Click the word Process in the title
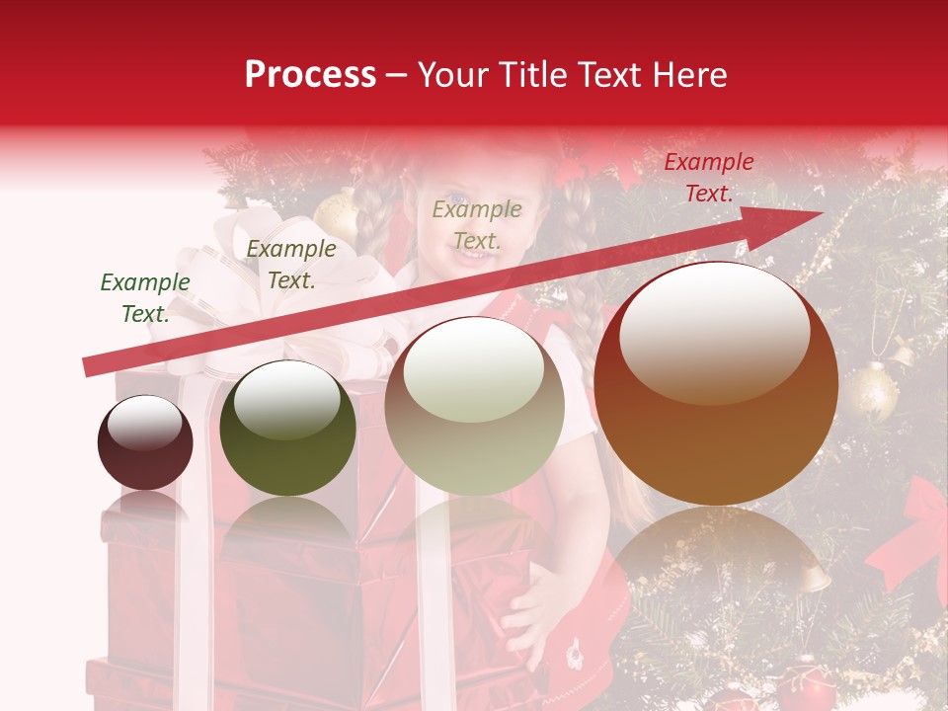pyautogui.click(x=310, y=74)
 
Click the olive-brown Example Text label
pyautogui.click(x=290, y=265)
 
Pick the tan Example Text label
pyautogui.click(x=477, y=224)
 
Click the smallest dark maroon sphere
pyautogui.click(x=145, y=442)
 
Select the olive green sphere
pyautogui.click(x=287, y=428)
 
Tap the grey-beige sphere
pyautogui.click(x=474, y=406)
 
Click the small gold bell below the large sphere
pyautogui.click(x=812, y=576)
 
